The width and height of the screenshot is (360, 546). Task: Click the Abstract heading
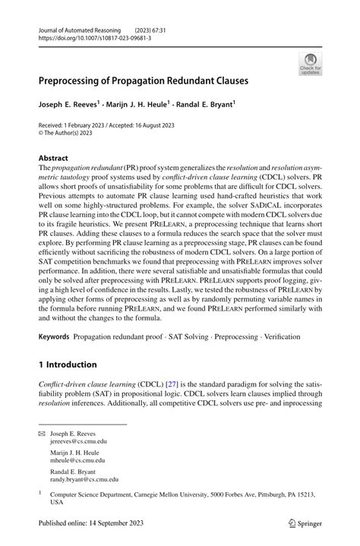tap(54, 158)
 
